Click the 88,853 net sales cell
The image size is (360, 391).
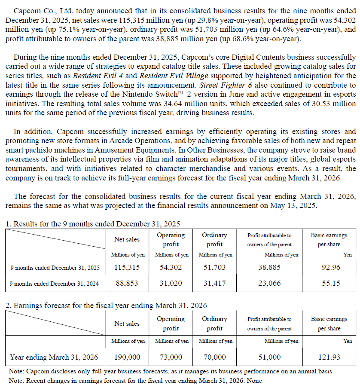pyautogui.click(x=127, y=283)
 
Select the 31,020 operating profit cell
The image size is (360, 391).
pyautogui.click(x=171, y=283)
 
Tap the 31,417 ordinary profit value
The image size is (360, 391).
pyautogui.click(x=214, y=283)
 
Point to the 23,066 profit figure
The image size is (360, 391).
pyautogui.click(x=269, y=283)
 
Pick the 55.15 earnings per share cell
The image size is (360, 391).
pyautogui.click(x=331, y=283)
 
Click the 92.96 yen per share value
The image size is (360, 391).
pyautogui.click(x=331, y=267)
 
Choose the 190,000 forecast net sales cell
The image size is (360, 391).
pyautogui.click(x=127, y=357)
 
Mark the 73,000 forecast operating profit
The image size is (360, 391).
pyautogui.click(x=171, y=357)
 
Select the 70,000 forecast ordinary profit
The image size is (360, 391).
pyautogui.click(x=214, y=357)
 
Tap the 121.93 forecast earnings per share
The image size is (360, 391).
pyautogui.click(x=329, y=357)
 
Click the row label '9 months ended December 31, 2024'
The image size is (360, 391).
pyautogui.click(x=54, y=284)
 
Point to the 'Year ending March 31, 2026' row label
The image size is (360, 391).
pyautogui.click(x=54, y=357)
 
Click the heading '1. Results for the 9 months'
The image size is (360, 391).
pyautogui.click(x=92, y=224)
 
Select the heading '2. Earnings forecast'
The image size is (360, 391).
pyautogui.click(x=106, y=306)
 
